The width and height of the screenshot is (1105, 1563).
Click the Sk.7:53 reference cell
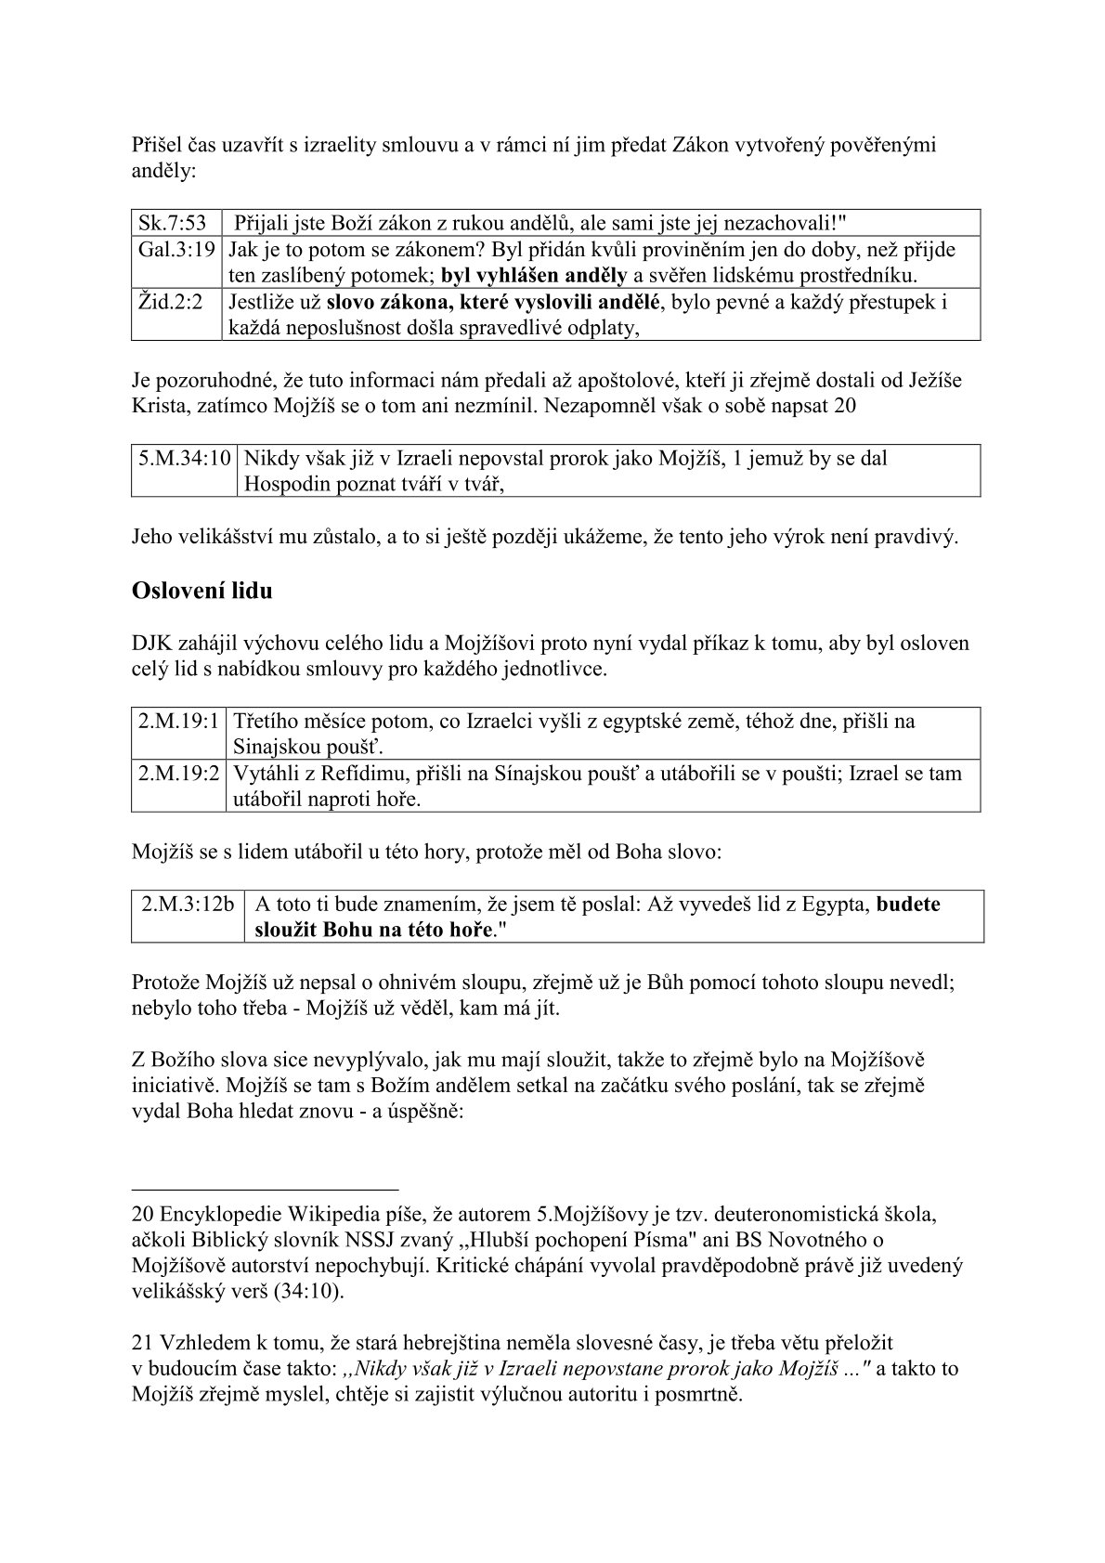(173, 224)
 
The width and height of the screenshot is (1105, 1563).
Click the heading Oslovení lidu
(201, 590)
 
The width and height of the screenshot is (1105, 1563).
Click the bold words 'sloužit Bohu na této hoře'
(371, 930)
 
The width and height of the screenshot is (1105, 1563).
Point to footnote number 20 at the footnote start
(143, 1214)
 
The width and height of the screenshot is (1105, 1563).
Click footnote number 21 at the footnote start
(143, 1343)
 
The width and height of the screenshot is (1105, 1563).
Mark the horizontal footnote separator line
(265, 1187)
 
